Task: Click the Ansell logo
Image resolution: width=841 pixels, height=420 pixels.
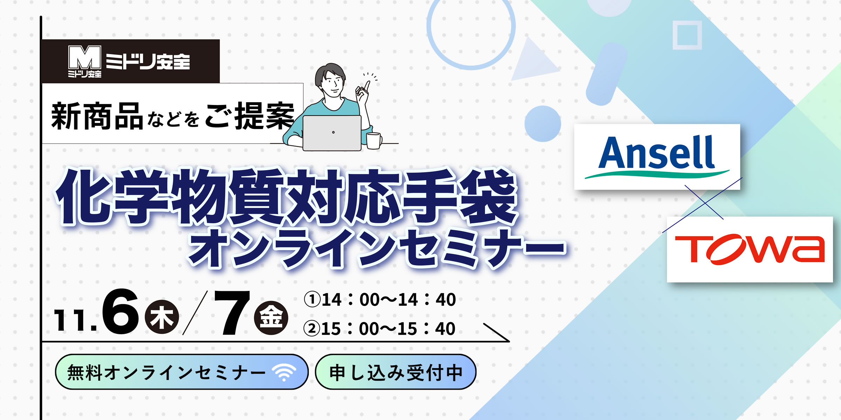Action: [657, 156]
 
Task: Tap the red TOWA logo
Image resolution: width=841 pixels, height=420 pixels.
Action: [750, 249]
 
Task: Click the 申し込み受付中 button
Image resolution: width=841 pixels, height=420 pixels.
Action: [396, 372]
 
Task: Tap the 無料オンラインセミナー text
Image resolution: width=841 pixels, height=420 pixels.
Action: [166, 372]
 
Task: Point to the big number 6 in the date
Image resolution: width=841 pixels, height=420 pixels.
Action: [120, 312]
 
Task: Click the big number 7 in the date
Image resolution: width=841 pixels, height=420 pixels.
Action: [232, 313]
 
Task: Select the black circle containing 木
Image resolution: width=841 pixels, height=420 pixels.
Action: [162, 317]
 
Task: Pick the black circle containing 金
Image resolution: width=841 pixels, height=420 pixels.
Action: [271, 318]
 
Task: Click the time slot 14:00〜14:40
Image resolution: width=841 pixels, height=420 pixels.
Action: [380, 300]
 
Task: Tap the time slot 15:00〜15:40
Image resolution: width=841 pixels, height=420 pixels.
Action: [380, 329]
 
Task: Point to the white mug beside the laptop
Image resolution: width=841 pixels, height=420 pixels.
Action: [374, 141]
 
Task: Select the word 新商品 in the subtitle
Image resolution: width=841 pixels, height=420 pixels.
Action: [97, 116]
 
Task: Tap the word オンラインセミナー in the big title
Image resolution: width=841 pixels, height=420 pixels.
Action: [377, 248]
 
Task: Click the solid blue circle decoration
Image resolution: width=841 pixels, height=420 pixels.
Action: [542, 124]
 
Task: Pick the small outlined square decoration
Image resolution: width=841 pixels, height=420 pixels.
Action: [687, 35]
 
